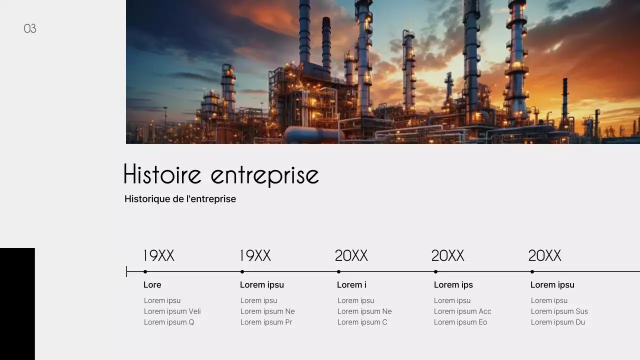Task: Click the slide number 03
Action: coord(30,28)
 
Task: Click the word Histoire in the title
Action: coord(162,174)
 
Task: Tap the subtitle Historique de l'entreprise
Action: coord(180,199)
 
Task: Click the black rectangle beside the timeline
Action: coord(17,303)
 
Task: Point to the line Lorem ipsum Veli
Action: coord(172,311)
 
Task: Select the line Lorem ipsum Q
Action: coord(168,322)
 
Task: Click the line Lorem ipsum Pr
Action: coord(266,322)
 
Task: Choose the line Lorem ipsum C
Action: coord(362,322)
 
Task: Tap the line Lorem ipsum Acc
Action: coord(462,311)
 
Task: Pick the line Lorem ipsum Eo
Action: coord(460,322)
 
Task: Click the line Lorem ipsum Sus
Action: coord(559,311)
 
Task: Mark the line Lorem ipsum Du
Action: coord(557,322)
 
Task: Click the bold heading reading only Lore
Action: coord(152,285)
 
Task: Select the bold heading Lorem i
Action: coord(351,285)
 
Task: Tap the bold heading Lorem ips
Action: coord(453,285)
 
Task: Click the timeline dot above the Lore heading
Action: coord(145,271)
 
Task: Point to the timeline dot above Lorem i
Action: coord(338,271)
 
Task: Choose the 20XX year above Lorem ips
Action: coord(447,256)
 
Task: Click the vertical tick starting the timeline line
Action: coord(127,271)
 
